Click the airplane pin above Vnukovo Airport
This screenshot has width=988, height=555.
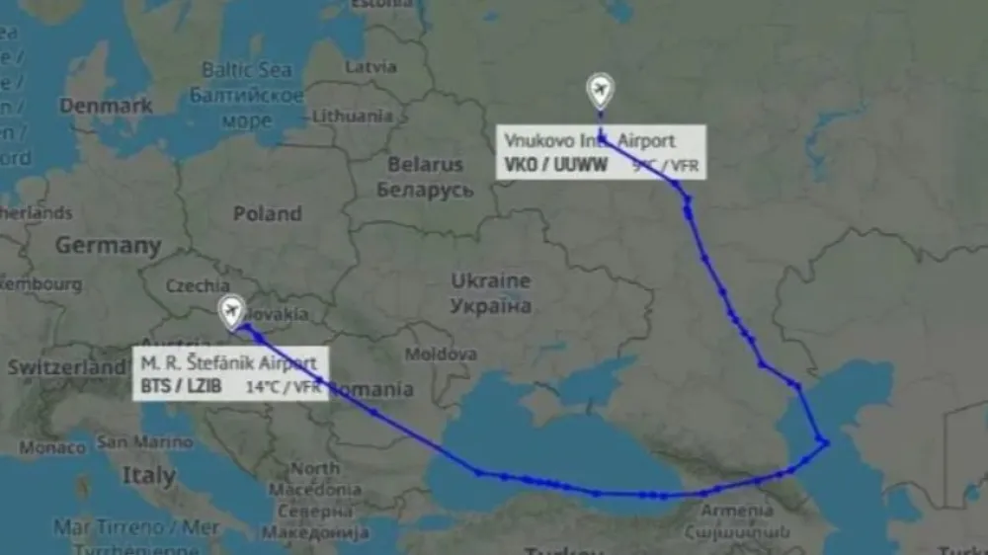coord(599,91)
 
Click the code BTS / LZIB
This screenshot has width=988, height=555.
coord(181,386)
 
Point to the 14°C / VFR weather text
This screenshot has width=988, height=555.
coord(283,387)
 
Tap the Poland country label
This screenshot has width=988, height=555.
coord(267,213)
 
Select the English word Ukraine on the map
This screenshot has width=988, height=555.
coord(491,281)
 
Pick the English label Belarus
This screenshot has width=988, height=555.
coord(425,165)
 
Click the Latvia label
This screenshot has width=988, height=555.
coord(370,67)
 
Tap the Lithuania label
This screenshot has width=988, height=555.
coord(353,116)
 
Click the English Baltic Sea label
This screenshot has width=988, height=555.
coord(246,70)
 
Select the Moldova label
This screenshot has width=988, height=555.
coord(442,354)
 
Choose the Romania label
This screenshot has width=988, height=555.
coord(371,389)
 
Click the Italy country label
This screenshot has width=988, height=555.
coord(148,476)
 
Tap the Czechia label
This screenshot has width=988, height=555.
coord(198,285)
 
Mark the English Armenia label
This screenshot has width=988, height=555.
coord(736,511)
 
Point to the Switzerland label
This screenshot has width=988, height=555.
coord(64,366)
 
